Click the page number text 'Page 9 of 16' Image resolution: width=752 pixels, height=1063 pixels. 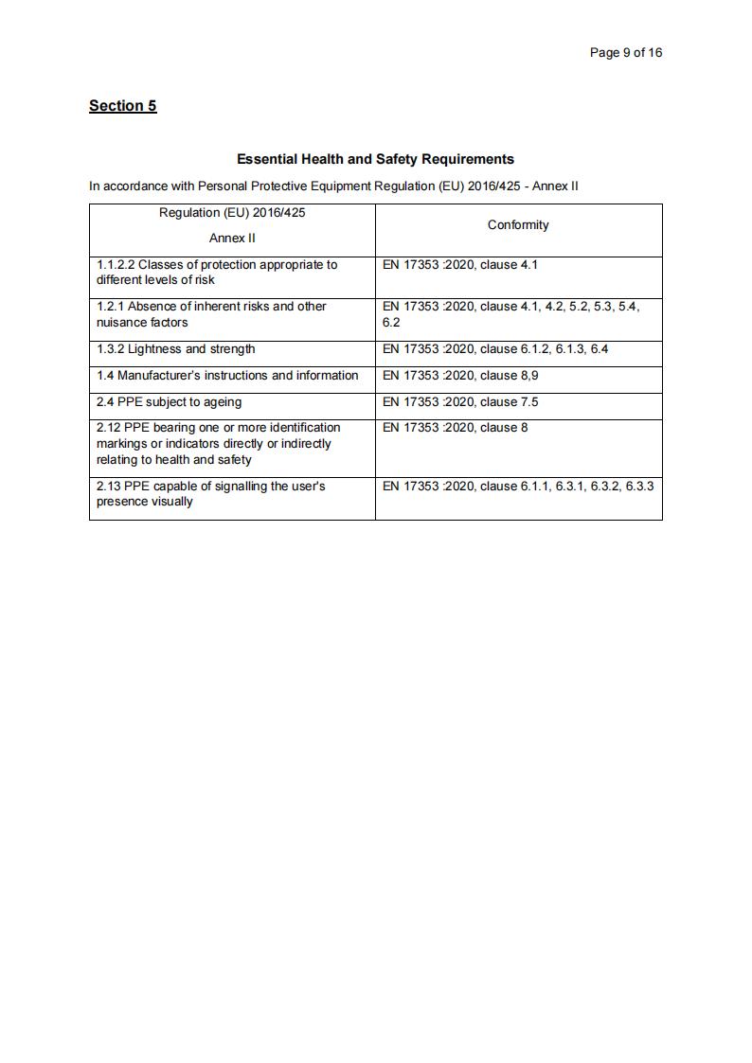coord(625,52)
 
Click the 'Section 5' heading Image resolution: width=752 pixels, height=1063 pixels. coord(122,105)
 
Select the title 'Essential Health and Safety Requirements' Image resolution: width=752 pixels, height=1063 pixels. coord(375,159)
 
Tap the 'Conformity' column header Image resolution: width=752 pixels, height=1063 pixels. coord(518,224)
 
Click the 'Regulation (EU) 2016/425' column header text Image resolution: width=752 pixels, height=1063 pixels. coord(232,212)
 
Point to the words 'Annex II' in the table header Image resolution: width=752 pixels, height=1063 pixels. coord(232,238)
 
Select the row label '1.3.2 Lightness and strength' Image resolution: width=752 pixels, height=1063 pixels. coord(176,349)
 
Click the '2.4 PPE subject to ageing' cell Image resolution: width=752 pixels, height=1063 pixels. coord(169,402)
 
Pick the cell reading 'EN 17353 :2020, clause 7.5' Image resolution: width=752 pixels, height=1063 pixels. coord(460,402)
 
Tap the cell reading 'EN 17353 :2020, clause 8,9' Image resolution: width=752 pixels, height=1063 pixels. coord(460,376)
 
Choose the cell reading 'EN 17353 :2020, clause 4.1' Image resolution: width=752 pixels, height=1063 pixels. coord(459,265)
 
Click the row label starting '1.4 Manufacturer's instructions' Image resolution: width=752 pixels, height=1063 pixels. coord(227,376)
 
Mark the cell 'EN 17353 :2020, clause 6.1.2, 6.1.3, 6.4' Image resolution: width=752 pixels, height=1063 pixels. coord(495,349)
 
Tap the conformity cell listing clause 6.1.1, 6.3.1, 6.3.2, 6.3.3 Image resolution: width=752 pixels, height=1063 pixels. coord(518,487)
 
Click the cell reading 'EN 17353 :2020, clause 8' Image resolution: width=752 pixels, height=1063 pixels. coord(455,428)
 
